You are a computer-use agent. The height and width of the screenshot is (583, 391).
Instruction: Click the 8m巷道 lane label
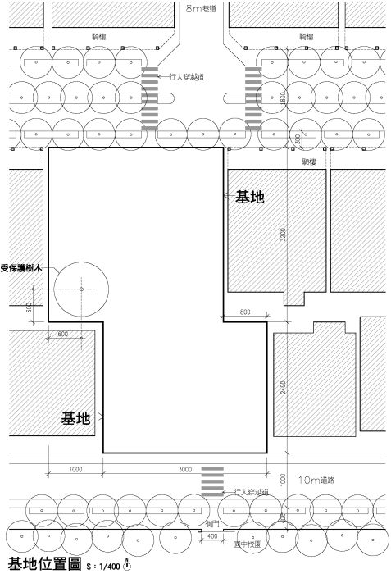[202, 8]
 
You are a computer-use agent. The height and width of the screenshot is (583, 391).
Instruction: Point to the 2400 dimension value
[283, 388]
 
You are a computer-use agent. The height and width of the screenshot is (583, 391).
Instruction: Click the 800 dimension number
[245, 312]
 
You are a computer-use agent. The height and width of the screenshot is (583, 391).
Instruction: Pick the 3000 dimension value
[185, 469]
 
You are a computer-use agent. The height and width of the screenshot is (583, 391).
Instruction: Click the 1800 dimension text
[283, 97]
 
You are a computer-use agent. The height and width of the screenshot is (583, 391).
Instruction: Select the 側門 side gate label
[211, 522]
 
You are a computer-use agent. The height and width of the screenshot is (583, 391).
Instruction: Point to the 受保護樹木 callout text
[20, 267]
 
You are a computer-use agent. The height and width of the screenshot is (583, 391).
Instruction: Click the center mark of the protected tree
[81, 289]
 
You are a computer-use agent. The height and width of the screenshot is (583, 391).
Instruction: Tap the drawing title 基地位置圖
[43, 565]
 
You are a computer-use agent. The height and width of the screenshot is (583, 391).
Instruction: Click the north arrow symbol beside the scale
[128, 565]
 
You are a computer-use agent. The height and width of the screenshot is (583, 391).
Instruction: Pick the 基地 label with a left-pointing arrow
[250, 197]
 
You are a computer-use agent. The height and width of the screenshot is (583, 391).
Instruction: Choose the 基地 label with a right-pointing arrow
[76, 418]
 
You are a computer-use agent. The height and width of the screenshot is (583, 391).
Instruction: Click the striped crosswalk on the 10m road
[212, 481]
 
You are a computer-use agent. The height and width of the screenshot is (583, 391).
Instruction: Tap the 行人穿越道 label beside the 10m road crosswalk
[251, 492]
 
